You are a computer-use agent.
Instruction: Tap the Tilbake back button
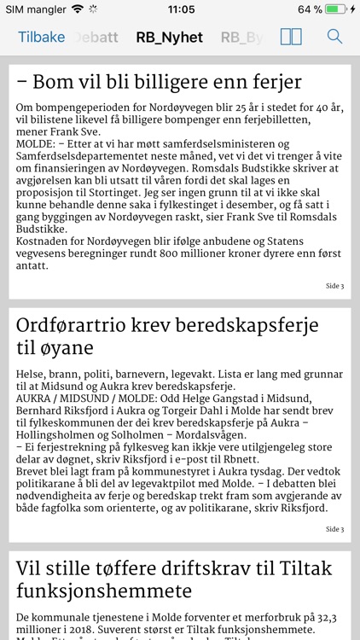pos(40,37)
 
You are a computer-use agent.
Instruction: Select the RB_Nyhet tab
pos(169,37)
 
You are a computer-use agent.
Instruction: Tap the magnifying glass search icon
pos(335,37)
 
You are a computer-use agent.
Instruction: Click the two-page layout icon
pos(291,37)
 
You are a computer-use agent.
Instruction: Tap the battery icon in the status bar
pos(338,9)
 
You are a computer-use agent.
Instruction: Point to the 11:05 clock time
pos(181,9)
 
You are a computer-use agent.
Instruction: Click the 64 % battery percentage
pos(310,9)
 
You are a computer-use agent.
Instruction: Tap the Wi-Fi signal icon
pos(78,9)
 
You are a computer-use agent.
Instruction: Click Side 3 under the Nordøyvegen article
pos(334,286)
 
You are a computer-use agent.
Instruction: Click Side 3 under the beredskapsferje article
pos(334,529)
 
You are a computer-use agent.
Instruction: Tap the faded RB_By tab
pos(241,37)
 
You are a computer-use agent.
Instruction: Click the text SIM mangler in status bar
pos(35,9)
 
